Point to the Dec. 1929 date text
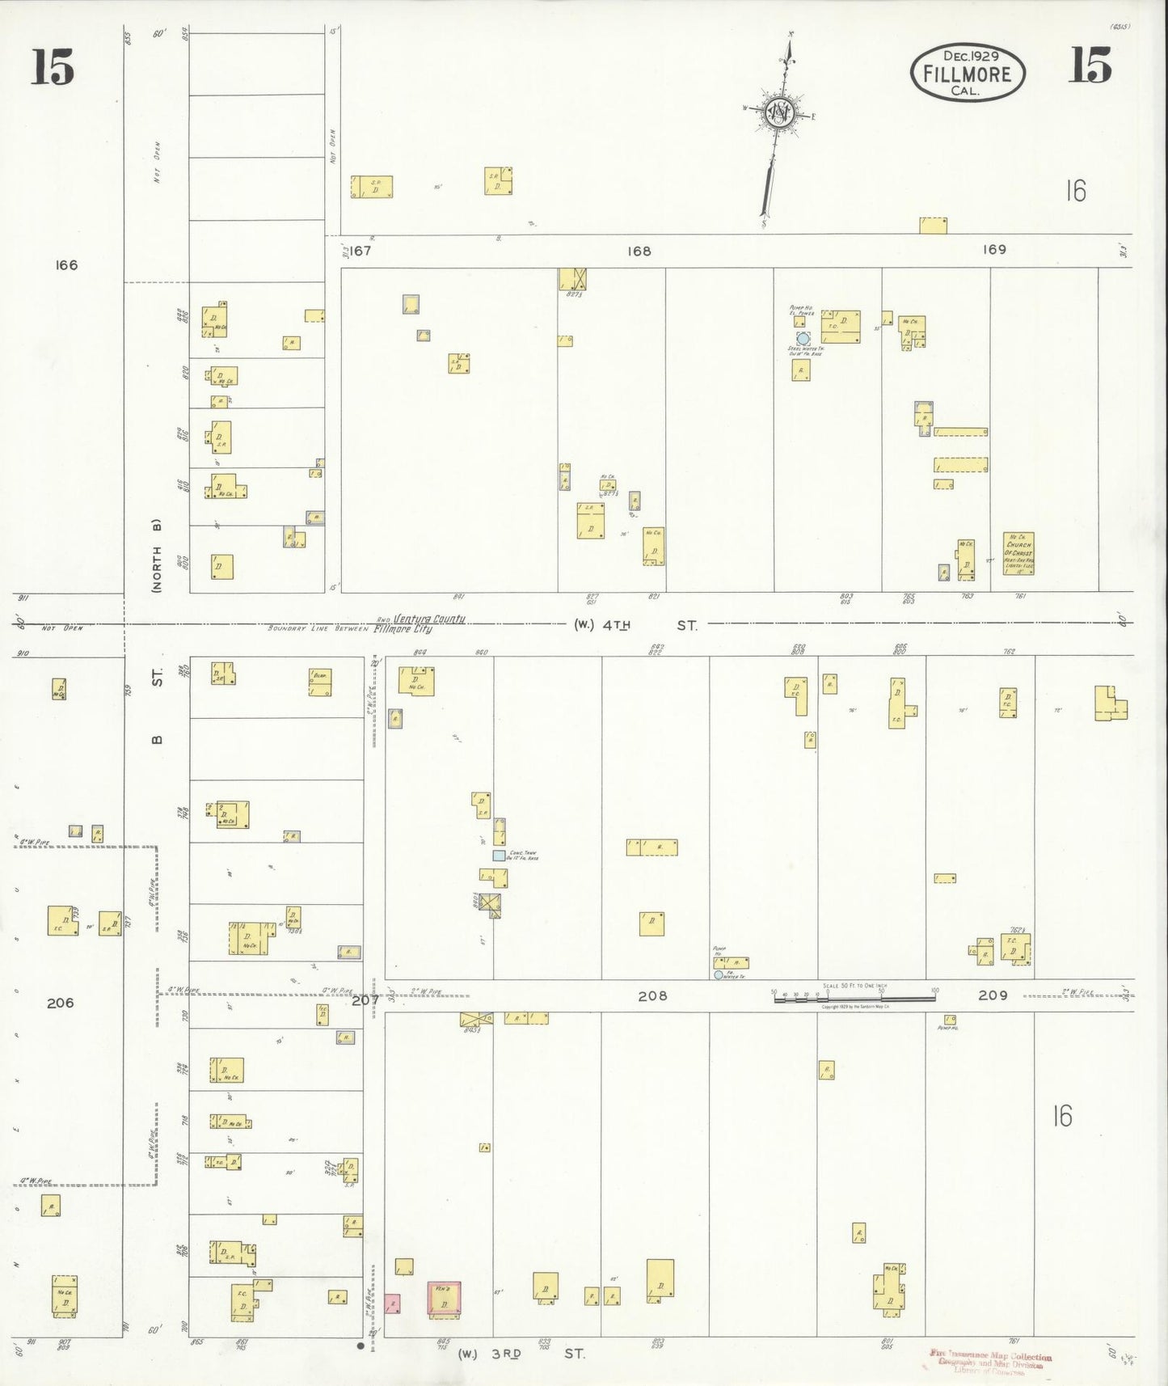971,56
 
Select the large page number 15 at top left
53,66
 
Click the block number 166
66,265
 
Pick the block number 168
639,251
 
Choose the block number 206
60,1003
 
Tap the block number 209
993,995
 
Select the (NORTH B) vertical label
157,556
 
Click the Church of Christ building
1018,553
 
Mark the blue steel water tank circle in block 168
803,339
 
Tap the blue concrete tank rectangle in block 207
499,855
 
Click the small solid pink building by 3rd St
392,1304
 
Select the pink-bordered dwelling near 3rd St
444,1298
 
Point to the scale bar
854,999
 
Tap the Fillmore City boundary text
402,629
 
